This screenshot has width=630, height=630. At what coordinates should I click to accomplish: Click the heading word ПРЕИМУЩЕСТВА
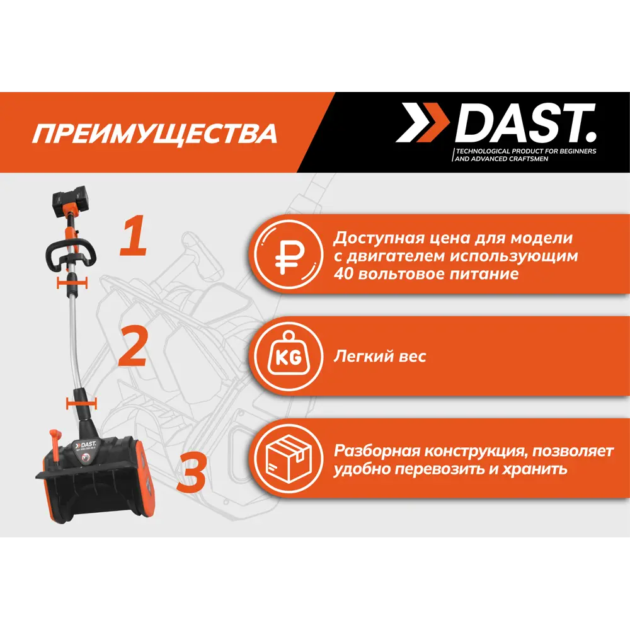coord(155,134)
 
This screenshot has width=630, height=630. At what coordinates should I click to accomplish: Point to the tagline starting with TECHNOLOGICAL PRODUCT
coord(525,156)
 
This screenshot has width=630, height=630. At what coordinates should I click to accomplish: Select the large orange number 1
coord(134,236)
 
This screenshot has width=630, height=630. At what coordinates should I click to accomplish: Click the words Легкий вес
coord(380,357)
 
